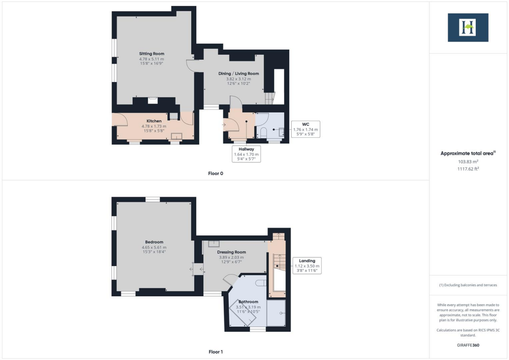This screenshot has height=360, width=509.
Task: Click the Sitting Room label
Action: pos(151,54)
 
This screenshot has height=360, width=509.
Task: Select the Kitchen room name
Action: pos(154,121)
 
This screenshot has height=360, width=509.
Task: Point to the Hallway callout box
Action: pos(246,154)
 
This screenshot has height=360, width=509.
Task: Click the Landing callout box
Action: pos(307,266)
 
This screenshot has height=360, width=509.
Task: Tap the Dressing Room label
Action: pos(232,252)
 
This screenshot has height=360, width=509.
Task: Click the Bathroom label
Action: pos(248,302)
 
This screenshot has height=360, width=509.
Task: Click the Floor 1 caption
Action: pos(215,352)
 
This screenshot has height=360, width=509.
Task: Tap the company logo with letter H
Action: pos(468,27)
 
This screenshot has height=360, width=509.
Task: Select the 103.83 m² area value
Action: pos(468,162)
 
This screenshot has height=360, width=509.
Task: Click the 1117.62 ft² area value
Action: pos(468,169)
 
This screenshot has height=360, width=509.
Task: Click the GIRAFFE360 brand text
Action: pos(468,345)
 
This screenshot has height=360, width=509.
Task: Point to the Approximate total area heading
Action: pos(468,154)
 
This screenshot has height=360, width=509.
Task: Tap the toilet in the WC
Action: pos(263,132)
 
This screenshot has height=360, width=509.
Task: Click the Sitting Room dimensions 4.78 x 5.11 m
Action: pos(151,59)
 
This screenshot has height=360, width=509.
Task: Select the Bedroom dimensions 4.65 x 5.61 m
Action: pos(154,248)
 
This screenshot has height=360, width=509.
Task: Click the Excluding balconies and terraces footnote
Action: pos(468,285)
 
